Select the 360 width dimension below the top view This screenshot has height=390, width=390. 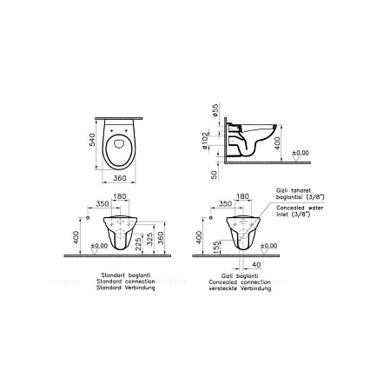click(122, 176)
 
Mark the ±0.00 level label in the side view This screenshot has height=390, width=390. click(300, 154)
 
